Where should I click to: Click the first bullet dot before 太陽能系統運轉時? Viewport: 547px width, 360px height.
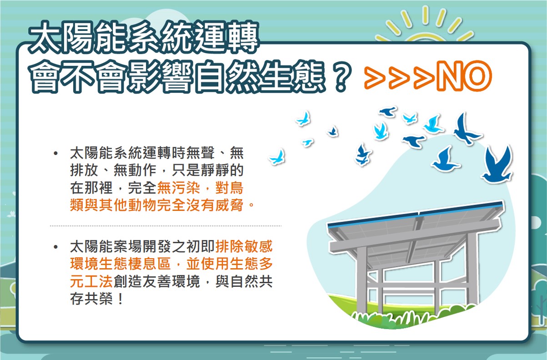point(55,153)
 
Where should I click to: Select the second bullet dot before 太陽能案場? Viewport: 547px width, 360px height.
point(55,247)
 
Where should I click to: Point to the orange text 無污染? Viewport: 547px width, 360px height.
point(179,188)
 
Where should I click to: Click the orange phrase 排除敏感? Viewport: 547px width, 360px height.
point(244,246)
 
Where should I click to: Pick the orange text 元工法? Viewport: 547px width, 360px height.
point(91,281)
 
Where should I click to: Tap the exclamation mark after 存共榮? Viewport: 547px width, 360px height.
point(120,299)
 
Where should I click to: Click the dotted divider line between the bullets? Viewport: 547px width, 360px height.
point(166,226)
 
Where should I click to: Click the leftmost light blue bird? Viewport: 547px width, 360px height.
point(277,157)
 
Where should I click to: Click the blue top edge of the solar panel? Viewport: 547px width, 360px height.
point(415,214)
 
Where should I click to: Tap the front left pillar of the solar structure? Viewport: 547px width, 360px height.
point(362,280)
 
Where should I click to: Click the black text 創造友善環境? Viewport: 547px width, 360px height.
point(156,281)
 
